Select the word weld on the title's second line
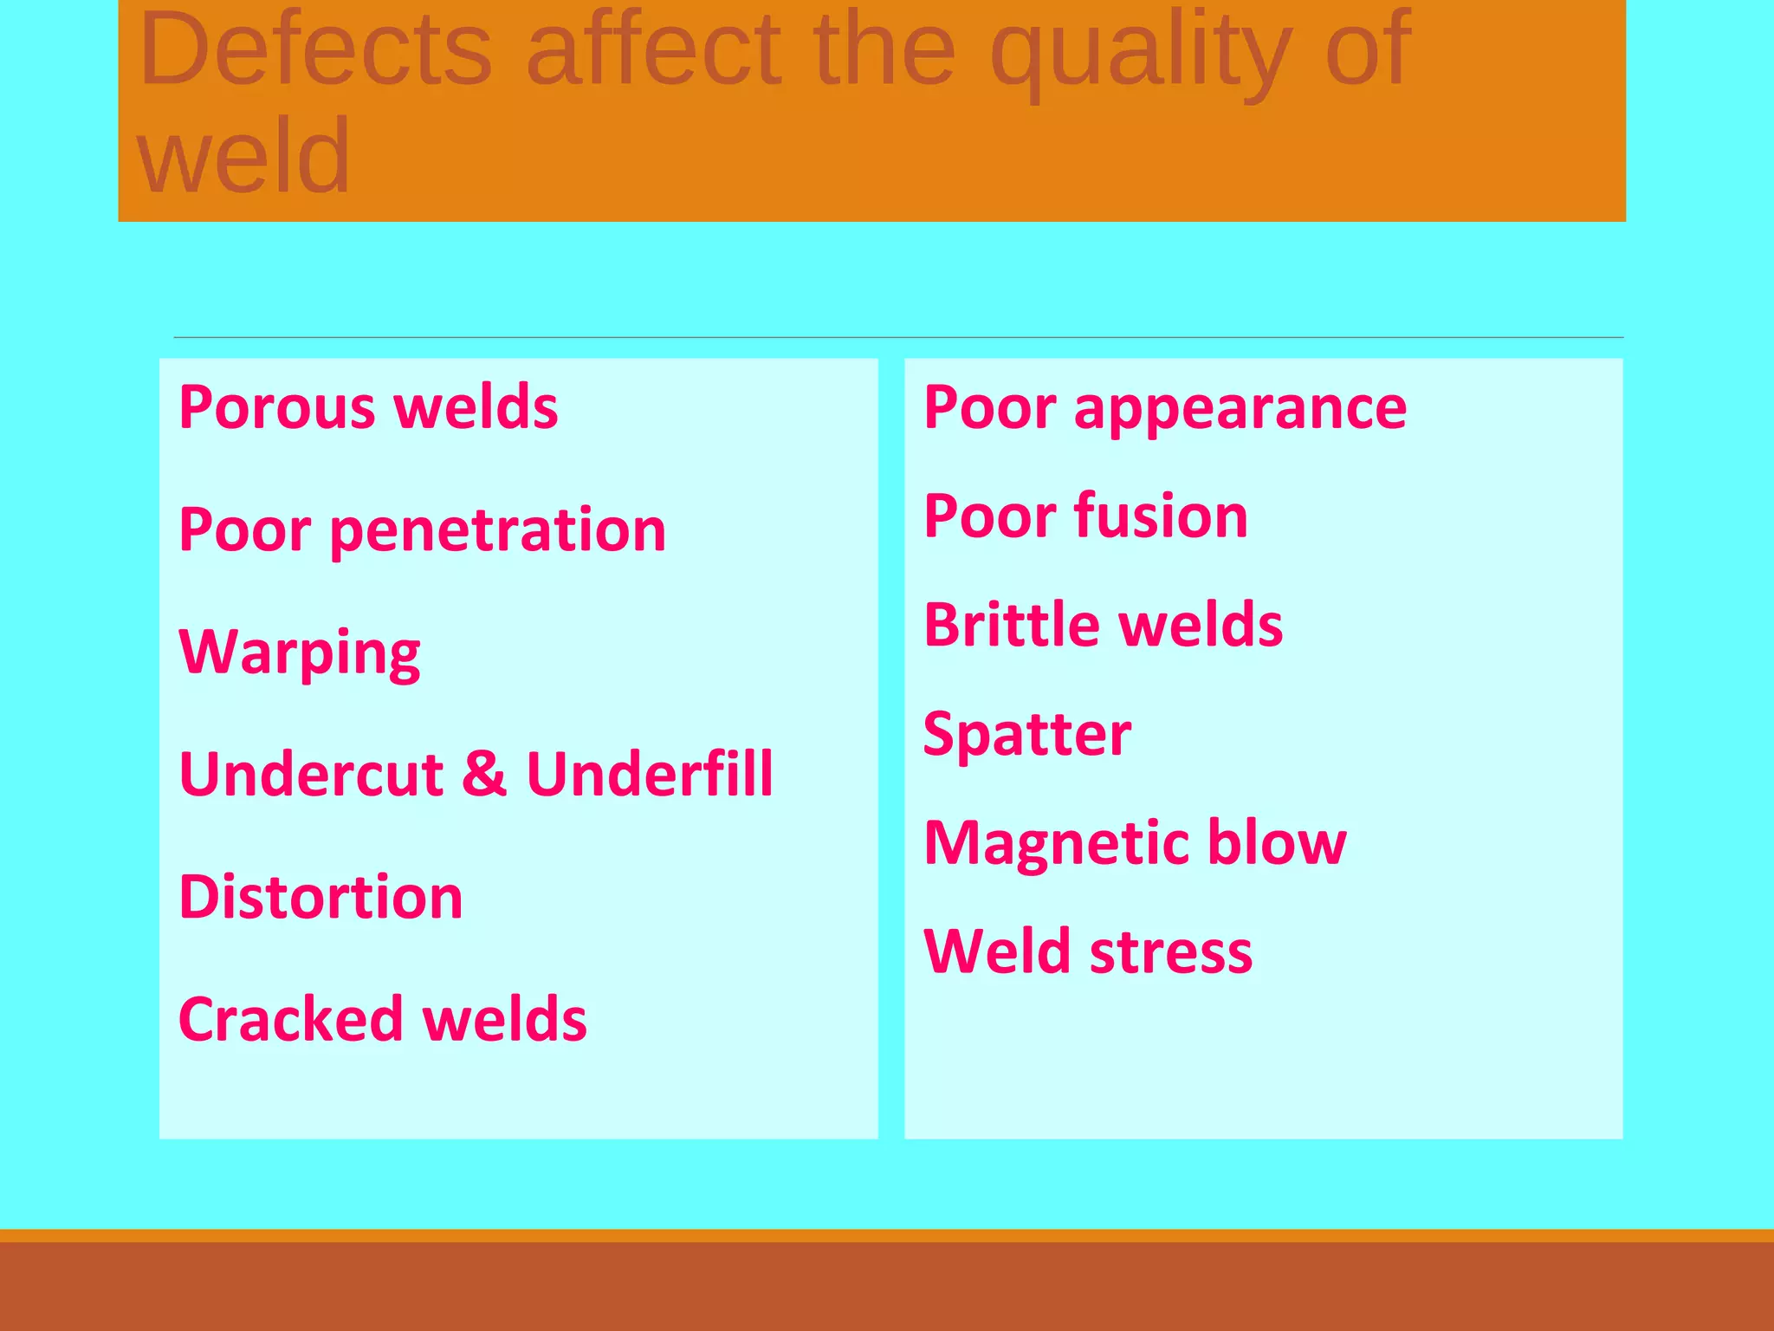[x=243, y=157]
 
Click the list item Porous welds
[x=368, y=406]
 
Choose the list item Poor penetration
[x=422, y=529]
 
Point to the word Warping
[x=299, y=653]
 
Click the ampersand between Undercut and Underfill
[x=483, y=773]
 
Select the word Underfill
[x=650, y=773]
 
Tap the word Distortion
[x=320, y=896]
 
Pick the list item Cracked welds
[x=382, y=1018]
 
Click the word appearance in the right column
[x=1240, y=408]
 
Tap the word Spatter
[x=1027, y=734]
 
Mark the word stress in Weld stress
[x=1170, y=951]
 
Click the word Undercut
[x=311, y=773]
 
